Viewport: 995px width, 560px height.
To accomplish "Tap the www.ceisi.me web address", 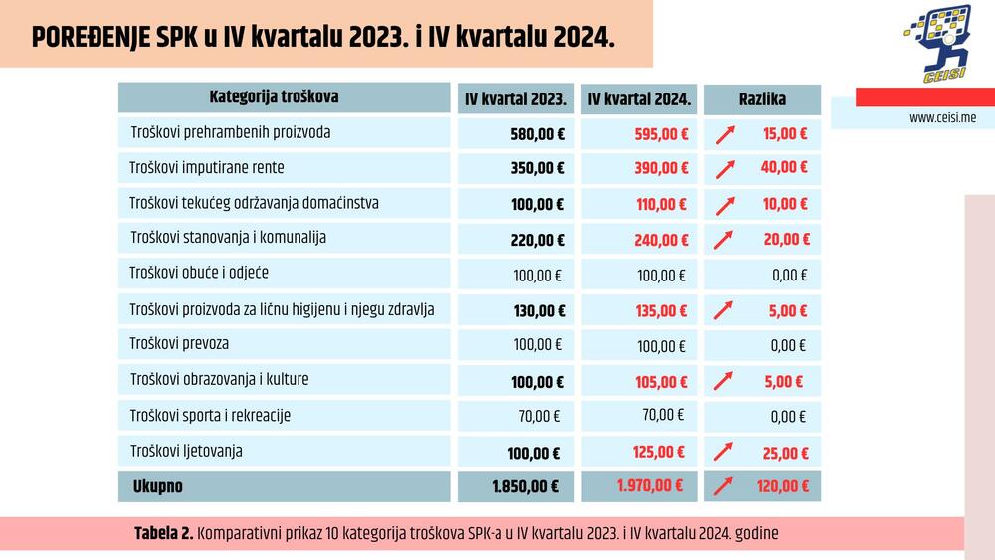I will click(942, 117).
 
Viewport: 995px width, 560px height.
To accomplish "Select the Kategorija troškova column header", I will click(274, 97).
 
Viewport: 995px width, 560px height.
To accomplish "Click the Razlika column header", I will click(762, 99).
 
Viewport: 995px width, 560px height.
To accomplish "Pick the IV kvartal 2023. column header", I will click(515, 99).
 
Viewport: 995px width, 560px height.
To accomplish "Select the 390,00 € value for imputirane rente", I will click(661, 168).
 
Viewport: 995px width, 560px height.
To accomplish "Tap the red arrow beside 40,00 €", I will click(726, 169).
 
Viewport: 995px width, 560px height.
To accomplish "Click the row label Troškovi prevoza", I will click(179, 344).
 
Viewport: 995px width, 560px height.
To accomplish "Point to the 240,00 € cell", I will click(661, 240).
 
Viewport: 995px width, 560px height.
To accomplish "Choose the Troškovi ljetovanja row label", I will click(186, 451).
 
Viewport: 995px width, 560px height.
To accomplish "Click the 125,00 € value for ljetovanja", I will click(659, 452).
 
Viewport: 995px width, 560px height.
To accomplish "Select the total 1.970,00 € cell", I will click(649, 486).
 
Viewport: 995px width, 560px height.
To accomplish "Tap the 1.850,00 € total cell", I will click(524, 487).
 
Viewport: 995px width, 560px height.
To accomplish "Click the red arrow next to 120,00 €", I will click(725, 487).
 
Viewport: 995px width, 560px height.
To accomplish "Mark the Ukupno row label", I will click(158, 487).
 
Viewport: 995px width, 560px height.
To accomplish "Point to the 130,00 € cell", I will click(538, 311).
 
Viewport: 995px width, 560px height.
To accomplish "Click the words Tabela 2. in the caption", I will click(163, 534).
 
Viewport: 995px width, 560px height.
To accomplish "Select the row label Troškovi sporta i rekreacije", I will click(210, 415).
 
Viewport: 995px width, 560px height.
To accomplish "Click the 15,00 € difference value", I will click(785, 133).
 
